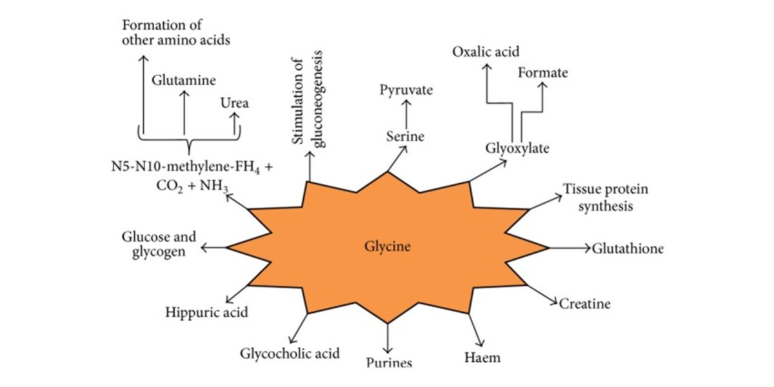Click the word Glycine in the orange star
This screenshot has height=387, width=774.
pyautogui.click(x=388, y=246)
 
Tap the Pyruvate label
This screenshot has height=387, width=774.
pyautogui.click(x=406, y=90)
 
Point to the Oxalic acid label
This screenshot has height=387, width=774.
pyautogui.click(x=486, y=52)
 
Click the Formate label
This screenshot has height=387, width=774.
pyautogui.click(x=543, y=72)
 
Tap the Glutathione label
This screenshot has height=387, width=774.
pyautogui.click(x=628, y=248)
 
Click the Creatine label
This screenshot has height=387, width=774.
pyautogui.click(x=584, y=303)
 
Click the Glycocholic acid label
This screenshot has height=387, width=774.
pyautogui.click(x=290, y=353)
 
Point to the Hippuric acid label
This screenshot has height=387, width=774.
pyautogui.click(x=206, y=313)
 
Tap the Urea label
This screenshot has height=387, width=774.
pyautogui.click(x=235, y=103)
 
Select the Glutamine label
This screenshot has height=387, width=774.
pyautogui.click(x=184, y=81)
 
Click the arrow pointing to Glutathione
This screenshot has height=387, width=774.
pyautogui.click(x=570, y=248)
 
